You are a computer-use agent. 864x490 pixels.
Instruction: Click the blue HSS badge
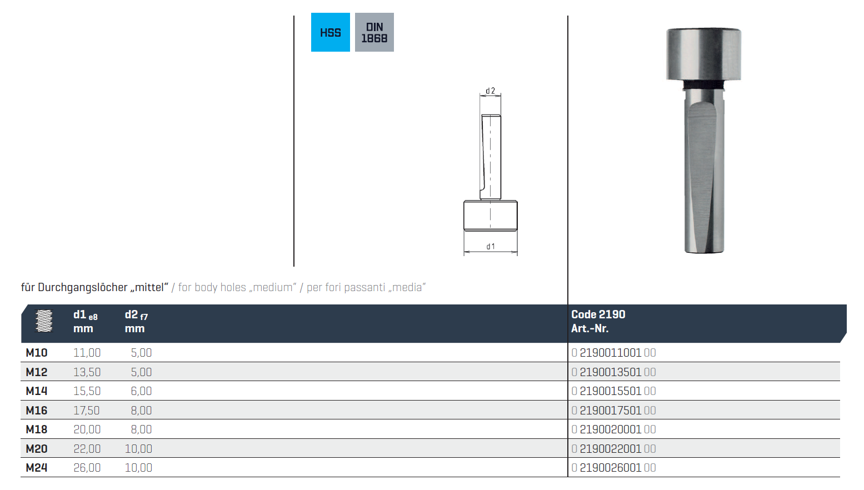[x=330, y=32]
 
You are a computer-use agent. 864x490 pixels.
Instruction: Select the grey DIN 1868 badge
[x=374, y=32]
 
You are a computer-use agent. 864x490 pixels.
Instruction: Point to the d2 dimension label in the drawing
[x=490, y=91]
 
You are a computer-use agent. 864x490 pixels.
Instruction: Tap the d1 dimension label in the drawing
[x=490, y=246]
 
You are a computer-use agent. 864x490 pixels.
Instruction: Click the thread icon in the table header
[x=44, y=321]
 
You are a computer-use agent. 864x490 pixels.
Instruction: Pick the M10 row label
[x=37, y=353]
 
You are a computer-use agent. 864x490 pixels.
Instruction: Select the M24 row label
[x=37, y=468]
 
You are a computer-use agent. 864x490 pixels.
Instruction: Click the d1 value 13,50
[x=87, y=372]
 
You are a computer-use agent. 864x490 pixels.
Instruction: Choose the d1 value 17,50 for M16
[x=87, y=410]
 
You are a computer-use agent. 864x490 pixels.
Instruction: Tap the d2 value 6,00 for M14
[x=141, y=391]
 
